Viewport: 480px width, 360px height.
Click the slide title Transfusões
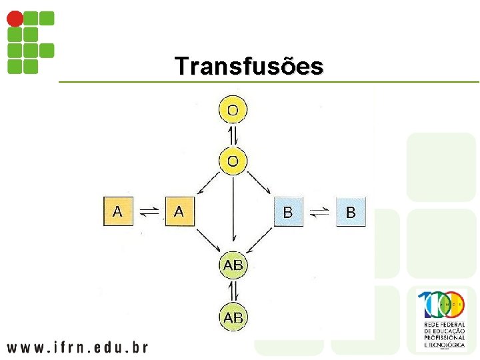pos(249,66)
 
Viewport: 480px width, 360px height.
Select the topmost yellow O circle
pos(233,109)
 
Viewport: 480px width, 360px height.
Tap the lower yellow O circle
pos(233,161)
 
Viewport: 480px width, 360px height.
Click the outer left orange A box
pos(118,212)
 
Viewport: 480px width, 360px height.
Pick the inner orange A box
pos(179,212)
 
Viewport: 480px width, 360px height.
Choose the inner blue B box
pos(288,213)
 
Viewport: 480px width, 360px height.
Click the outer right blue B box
pos(351,213)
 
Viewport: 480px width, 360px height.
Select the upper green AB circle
pos(233,265)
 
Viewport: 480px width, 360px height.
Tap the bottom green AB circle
pos(233,317)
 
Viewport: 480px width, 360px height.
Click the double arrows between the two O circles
pos(233,135)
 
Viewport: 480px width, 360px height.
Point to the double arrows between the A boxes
pos(149,213)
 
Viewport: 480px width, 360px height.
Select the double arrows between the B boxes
pos(319,213)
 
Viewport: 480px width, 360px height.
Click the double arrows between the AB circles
pos(233,291)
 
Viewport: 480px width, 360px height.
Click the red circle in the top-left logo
pos(14,19)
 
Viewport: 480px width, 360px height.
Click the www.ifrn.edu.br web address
pos(77,347)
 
